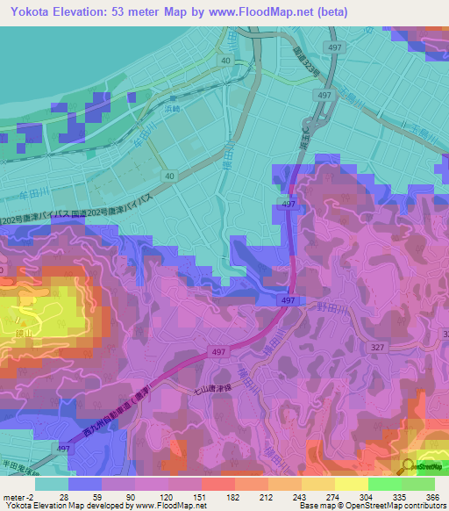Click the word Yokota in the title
[32, 12]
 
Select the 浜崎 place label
[171, 110]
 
